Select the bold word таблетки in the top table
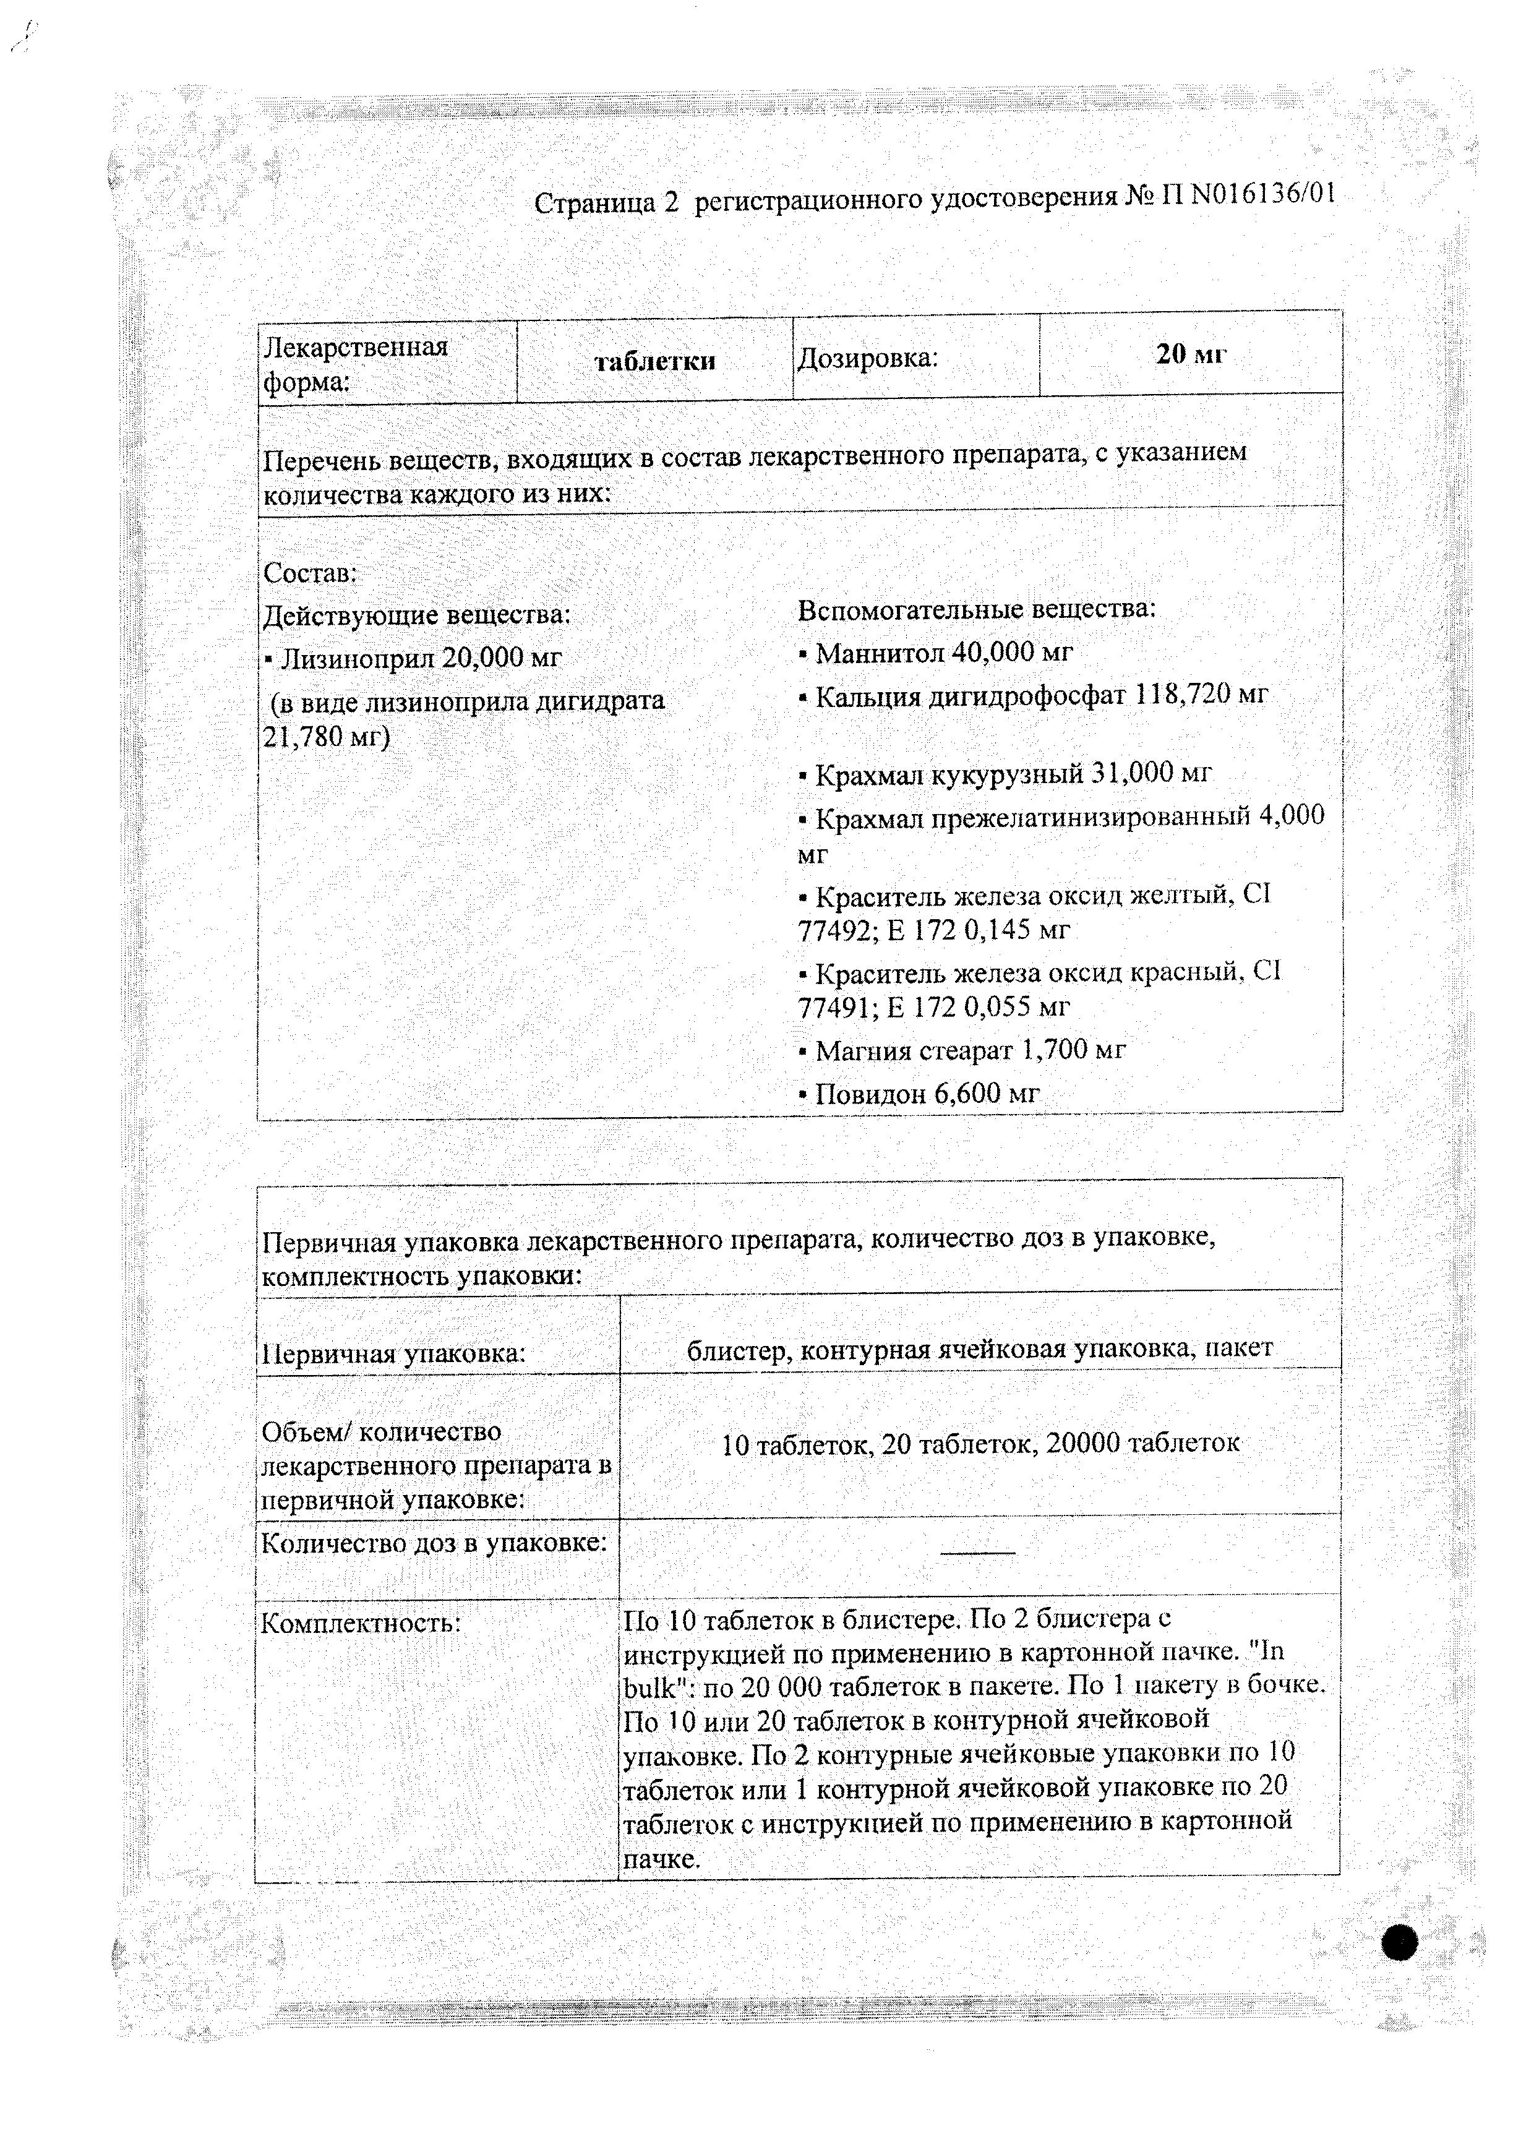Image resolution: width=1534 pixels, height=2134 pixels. pos(655,361)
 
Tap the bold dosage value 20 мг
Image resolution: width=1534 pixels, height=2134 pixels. pos(1191,354)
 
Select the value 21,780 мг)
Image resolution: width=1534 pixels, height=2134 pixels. pos(325,737)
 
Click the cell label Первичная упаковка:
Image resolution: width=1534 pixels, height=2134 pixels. pos(392,1354)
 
